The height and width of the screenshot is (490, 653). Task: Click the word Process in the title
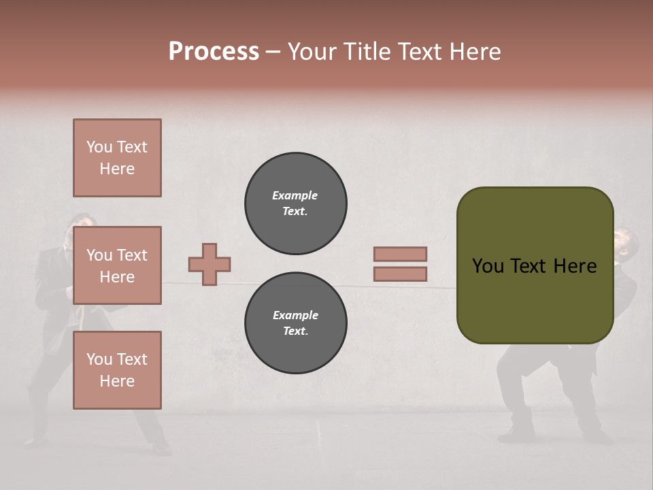214,52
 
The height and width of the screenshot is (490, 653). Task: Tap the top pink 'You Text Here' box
117,158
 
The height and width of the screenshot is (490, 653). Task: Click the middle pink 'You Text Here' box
117,265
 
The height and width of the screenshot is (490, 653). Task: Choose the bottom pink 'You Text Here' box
117,370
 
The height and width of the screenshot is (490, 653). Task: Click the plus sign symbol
210,264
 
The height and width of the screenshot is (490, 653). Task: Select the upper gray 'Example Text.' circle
296,203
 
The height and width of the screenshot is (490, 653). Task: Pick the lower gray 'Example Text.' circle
296,323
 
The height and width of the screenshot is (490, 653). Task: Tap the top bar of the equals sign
401,254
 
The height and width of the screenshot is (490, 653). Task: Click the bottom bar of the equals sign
401,274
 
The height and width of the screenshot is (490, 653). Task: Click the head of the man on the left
83,226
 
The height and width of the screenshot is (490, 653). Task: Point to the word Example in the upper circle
295,195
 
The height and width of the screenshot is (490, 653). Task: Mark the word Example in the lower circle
295,315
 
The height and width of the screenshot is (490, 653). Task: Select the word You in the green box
488,266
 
